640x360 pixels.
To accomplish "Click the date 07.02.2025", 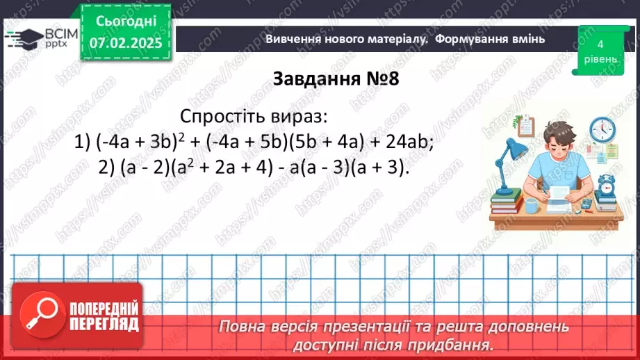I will click(x=126, y=43).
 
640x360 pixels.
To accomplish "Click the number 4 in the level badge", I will click(x=599, y=44).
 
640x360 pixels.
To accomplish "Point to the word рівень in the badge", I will click(x=599, y=59).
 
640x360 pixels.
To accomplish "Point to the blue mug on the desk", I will click(x=532, y=204).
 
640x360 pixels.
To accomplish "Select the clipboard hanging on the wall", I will click(x=525, y=126).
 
